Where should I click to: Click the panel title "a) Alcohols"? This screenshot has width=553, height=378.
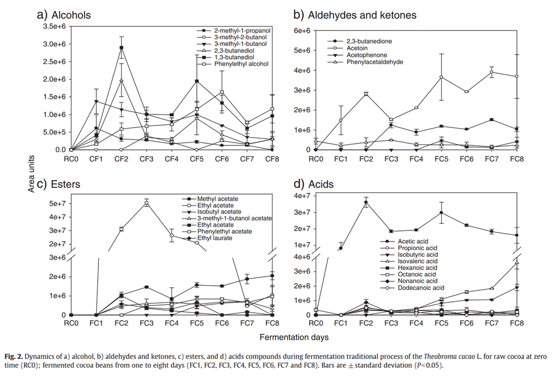64,15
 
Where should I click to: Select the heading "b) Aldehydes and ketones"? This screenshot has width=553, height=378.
354,15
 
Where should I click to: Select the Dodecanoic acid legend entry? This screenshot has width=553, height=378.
421,287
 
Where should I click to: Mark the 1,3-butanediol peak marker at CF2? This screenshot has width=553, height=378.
121,48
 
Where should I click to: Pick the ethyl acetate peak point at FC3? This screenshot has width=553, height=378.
146,203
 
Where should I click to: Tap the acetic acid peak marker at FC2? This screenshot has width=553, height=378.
366,202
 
